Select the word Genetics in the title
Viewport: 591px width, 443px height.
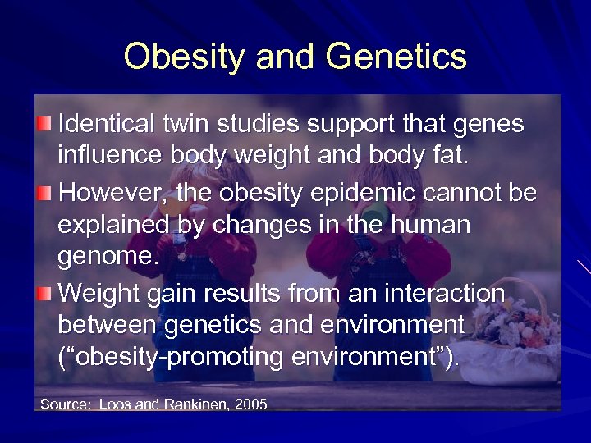(x=396, y=57)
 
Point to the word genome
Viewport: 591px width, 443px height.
(x=105, y=258)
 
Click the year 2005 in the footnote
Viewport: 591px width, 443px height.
(x=250, y=404)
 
